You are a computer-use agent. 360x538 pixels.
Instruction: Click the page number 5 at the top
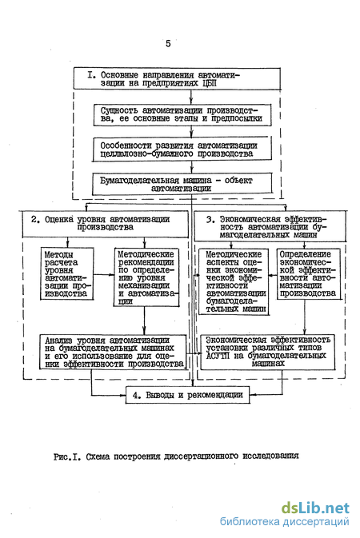click(x=168, y=44)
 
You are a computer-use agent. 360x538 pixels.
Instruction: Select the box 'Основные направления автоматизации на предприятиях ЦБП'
click(x=177, y=79)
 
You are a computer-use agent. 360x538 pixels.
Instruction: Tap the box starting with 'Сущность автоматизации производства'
click(x=182, y=115)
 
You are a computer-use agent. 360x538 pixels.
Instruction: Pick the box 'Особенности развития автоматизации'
click(x=182, y=149)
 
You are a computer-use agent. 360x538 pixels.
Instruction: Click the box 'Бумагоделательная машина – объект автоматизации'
click(x=182, y=184)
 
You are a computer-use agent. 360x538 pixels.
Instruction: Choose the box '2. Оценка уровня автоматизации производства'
click(x=106, y=224)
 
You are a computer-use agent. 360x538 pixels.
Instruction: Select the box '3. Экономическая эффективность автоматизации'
click(x=270, y=226)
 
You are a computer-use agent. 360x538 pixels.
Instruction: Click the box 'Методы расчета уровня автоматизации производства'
click(x=67, y=274)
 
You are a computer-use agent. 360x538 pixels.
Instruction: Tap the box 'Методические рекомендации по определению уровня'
click(x=146, y=277)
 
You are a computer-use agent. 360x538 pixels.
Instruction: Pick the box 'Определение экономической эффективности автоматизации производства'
click(x=309, y=274)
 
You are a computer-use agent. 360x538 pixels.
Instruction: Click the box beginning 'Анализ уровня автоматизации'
click(x=113, y=352)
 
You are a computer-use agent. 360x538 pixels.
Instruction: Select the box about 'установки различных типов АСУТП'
click(x=267, y=353)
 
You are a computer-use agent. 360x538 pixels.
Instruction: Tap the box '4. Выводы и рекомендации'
click(x=187, y=395)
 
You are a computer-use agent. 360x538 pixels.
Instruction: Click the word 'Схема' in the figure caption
click(x=98, y=456)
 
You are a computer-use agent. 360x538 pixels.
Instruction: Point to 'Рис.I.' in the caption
click(x=67, y=457)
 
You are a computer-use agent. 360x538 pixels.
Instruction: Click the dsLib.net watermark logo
click(x=315, y=508)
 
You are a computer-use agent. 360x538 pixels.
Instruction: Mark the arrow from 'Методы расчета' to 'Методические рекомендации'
click(x=104, y=274)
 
